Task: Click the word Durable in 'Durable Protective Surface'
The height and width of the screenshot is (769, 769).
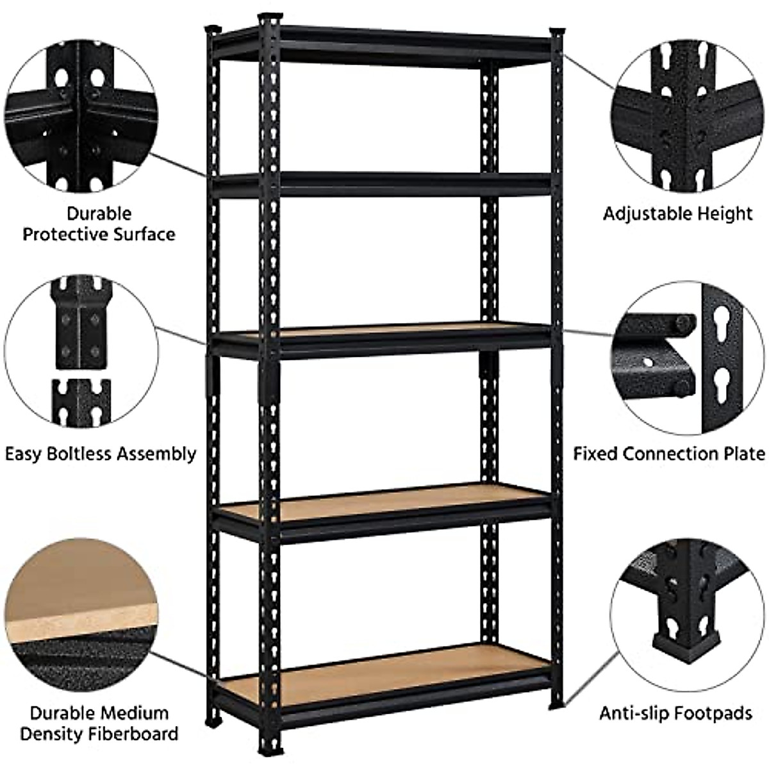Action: tap(99, 213)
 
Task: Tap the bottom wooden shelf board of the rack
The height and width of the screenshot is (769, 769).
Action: tap(384, 673)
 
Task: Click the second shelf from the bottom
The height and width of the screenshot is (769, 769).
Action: tap(384, 506)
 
